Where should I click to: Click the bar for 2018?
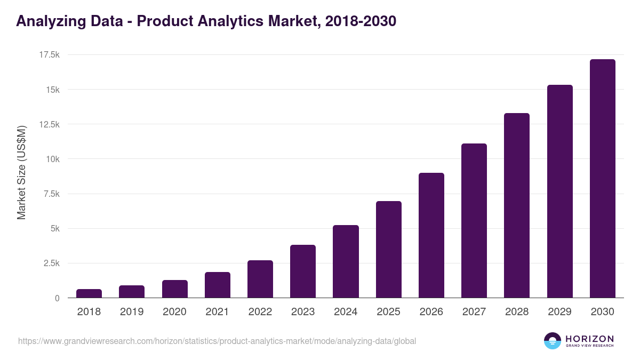tap(89, 294)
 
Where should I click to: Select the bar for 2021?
tap(218, 285)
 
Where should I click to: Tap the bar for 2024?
tap(346, 262)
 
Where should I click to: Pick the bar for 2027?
tap(474, 221)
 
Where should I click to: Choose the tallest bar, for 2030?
tap(602, 179)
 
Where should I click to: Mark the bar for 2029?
tap(559, 191)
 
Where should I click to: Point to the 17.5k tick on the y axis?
tap(49, 55)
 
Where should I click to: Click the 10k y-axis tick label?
tap(52, 159)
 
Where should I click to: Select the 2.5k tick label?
tap(51, 263)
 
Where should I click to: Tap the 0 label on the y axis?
tap(57, 298)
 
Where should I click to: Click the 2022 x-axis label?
tap(260, 312)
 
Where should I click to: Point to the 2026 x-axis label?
tap(431, 312)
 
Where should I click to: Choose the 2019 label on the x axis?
tap(132, 312)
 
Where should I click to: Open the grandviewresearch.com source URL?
tap(217, 341)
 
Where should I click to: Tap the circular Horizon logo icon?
tap(553, 341)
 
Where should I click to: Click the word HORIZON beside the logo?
tap(589, 339)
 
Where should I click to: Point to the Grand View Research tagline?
tap(589, 346)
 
